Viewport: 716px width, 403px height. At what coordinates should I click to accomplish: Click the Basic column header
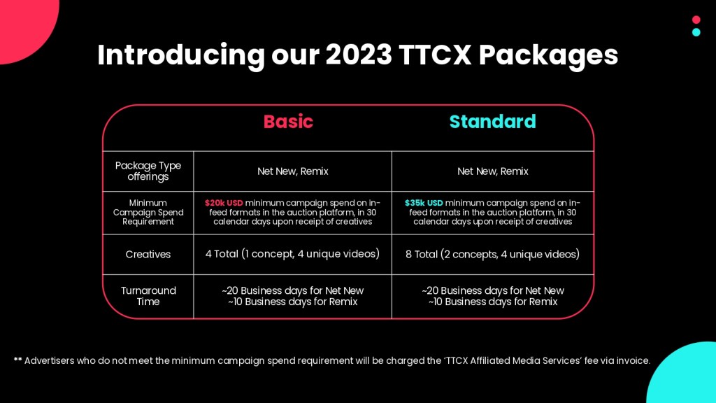(x=288, y=122)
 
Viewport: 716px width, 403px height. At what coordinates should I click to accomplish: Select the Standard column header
(x=493, y=122)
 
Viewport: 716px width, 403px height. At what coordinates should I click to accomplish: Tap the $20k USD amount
(x=224, y=203)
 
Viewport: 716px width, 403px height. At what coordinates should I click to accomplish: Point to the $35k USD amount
(x=424, y=203)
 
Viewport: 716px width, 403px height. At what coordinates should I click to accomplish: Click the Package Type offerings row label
(x=148, y=171)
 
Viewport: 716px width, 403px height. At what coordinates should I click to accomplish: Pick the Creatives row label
(x=148, y=254)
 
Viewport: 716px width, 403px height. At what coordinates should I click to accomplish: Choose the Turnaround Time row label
(x=148, y=296)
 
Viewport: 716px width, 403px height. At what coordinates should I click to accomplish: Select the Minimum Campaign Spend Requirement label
(x=148, y=212)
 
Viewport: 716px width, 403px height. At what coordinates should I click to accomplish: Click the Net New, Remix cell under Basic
(x=293, y=171)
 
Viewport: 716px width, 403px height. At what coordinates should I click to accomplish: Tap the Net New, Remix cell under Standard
(x=493, y=171)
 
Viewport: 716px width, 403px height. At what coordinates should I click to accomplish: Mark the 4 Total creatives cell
(x=293, y=254)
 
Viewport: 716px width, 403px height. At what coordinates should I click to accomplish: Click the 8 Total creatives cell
(x=493, y=254)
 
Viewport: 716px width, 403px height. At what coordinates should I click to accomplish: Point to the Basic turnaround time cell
(x=293, y=296)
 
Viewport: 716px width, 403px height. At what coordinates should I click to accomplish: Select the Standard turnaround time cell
(x=493, y=296)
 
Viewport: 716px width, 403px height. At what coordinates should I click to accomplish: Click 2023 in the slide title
(x=359, y=55)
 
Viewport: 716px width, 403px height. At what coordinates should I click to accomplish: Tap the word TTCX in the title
(x=435, y=55)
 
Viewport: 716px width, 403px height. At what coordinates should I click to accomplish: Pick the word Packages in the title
(x=548, y=57)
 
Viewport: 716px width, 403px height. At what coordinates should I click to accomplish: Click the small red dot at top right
(x=696, y=20)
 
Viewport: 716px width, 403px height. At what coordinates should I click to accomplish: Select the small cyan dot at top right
(x=696, y=32)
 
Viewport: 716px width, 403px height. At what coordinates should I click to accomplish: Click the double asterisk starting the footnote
(x=17, y=359)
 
